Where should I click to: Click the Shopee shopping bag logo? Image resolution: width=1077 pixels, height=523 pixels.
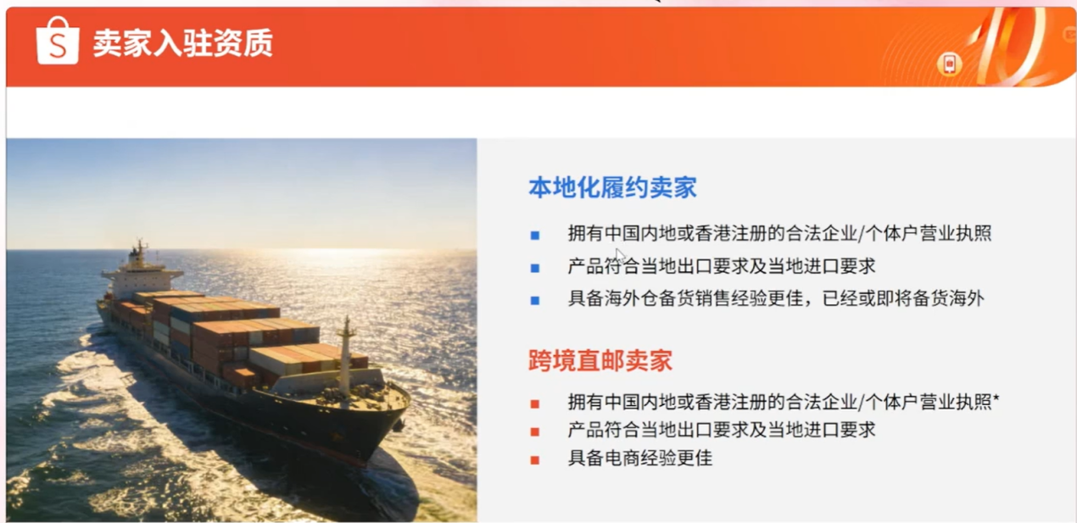pyautogui.click(x=58, y=42)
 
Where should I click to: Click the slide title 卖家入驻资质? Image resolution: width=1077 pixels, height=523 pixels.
pyautogui.click(x=182, y=43)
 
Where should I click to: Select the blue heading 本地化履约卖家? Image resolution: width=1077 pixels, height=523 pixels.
pyautogui.click(x=612, y=187)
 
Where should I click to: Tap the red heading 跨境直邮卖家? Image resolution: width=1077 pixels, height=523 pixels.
pyautogui.click(x=600, y=360)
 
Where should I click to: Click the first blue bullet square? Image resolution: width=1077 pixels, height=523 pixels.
pyautogui.click(x=535, y=235)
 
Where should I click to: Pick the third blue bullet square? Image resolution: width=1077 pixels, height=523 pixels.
pyautogui.click(x=535, y=299)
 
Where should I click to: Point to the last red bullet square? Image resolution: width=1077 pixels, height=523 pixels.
pyautogui.click(x=535, y=459)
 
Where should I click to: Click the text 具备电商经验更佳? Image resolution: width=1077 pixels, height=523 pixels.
pyautogui.click(x=640, y=459)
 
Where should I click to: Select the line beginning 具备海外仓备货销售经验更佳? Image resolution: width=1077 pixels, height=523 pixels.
pyautogui.click(x=776, y=298)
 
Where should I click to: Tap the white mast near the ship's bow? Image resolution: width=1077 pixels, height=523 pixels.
pyautogui.click(x=344, y=356)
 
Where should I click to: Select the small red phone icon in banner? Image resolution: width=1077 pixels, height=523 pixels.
pyautogui.click(x=949, y=64)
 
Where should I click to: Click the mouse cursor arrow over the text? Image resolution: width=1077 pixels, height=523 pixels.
pyautogui.click(x=620, y=254)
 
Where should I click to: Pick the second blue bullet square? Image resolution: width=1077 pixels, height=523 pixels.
pyautogui.click(x=535, y=268)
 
